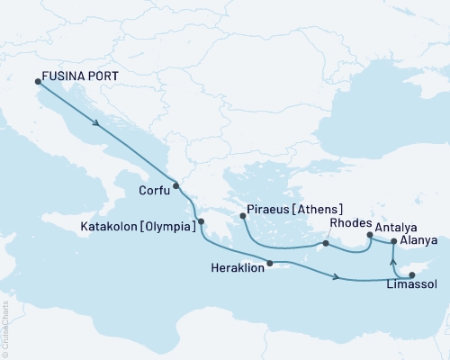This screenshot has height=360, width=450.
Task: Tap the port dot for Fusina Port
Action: click(37, 83)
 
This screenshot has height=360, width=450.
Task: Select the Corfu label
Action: click(156, 190)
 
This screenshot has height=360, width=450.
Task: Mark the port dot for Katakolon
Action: click(202, 221)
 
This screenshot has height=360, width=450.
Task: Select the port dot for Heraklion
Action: click(269, 264)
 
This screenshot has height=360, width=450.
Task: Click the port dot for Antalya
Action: click(369, 236)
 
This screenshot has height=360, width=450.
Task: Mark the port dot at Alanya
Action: click(394, 241)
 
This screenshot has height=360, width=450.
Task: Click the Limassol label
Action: click(411, 283)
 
